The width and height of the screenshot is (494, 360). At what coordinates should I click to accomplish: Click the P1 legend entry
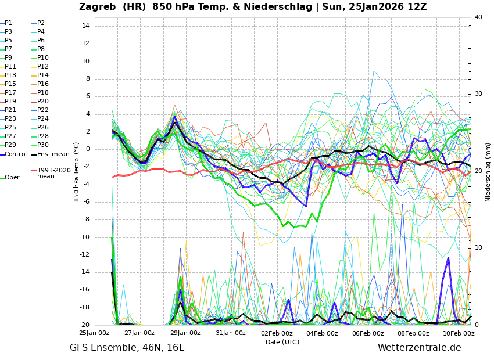click(8, 23)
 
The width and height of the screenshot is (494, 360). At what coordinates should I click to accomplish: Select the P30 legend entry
click(43, 145)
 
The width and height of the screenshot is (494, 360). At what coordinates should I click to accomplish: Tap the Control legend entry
click(15, 154)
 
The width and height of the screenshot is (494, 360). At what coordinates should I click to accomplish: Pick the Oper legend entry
click(12, 178)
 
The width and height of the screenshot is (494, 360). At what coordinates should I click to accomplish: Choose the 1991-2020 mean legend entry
click(53, 174)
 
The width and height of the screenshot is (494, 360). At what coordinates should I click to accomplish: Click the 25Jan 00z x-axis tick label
click(94, 333)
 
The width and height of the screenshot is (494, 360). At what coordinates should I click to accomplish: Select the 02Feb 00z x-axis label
click(277, 333)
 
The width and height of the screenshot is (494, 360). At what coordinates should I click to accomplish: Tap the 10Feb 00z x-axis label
click(459, 333)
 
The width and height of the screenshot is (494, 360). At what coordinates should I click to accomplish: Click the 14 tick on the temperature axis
click(85, 26)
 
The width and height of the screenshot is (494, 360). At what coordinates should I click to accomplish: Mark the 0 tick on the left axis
click(87, 149)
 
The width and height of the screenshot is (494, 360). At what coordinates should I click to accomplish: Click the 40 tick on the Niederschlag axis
click(478, 17)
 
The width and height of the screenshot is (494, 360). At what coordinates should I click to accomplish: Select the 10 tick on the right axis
click(478, 248)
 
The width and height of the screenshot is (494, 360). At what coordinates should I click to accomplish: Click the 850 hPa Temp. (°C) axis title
click(77, 172)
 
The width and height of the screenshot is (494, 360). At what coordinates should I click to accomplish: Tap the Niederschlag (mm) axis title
click(488, 172)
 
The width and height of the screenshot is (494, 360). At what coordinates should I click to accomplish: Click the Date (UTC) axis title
click(282, 343)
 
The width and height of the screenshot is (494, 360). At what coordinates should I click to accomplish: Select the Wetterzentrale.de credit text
click(419, 348)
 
